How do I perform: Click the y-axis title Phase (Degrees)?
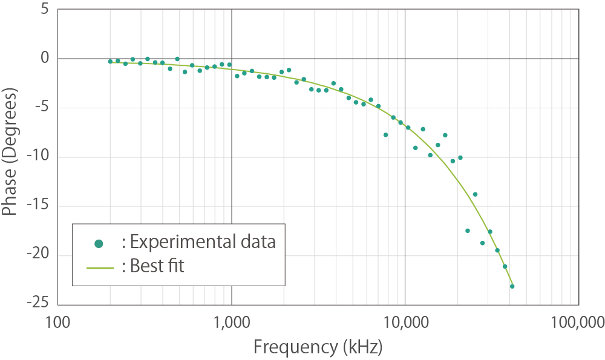[x=11, y=151]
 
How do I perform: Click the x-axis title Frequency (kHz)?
[x=318, y=347]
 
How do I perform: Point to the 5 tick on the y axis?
[x=44, y=10]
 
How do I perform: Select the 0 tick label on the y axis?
[x=44, y=59]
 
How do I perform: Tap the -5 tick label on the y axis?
[x=41, y=108]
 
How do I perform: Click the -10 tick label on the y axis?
[x=38, y=157]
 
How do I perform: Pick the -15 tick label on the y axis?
[x=38, y=206]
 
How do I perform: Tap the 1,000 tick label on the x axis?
[x=232, y=321]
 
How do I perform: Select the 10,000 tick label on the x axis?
[x=405, y=321]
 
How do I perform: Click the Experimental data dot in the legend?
[x=100, y=243]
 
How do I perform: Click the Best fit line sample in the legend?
[x=100, y=266]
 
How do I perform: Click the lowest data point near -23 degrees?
[x=512, y=286]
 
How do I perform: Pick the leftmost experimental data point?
[x=110, y=61]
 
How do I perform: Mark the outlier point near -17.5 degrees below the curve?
[x=468, y=231]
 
